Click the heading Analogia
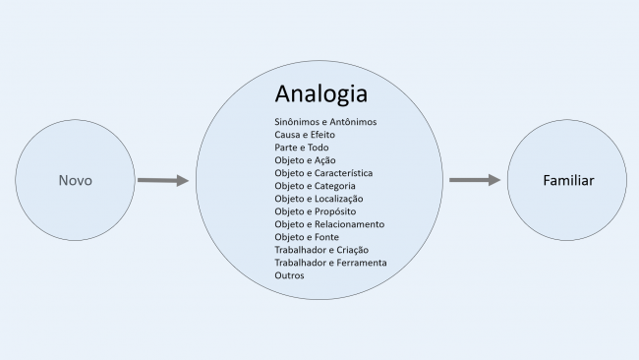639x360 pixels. pos(321,94)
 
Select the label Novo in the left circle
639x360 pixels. pos(75,181)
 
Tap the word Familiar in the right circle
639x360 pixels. pos(569,181)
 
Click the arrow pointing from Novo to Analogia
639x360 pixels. pos(162,181)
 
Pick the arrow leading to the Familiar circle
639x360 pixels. pos(475,180)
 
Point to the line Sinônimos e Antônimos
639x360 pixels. pos(326,121)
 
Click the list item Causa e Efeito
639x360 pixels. pos(305,134)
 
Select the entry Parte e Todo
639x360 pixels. pos(302,147)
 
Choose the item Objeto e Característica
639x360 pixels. pos(323,172)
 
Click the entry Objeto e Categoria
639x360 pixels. pos(315,185)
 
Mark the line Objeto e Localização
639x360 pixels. pos(319,198)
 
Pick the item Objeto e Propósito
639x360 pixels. pos(315,210)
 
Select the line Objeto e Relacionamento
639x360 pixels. pos(329,224)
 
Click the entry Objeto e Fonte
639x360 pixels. pos(307,237)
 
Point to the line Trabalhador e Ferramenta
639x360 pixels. pos(330,263)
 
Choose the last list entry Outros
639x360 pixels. pos(290,275)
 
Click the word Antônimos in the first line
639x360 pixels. pos(353,121)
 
